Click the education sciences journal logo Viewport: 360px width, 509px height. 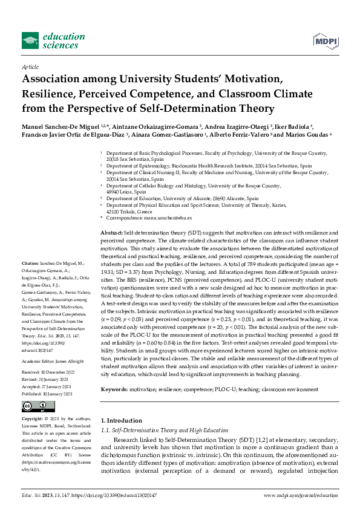pos(50,41)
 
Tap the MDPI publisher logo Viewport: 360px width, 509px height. pos(325,41)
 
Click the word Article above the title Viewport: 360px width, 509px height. pos(30,67)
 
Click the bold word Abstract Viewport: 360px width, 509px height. pos(111,233)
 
